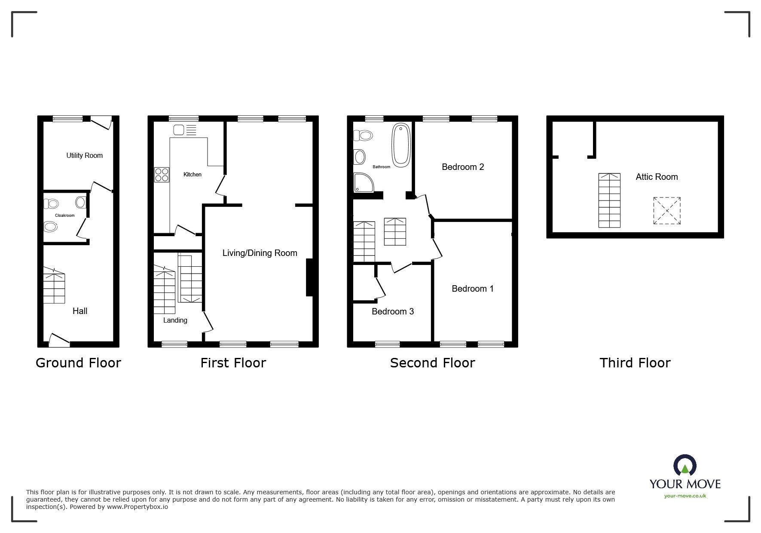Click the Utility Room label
pos(84,155)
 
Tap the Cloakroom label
pos(64,216)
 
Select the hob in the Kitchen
pos(162,174)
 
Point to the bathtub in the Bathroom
pos(401,145)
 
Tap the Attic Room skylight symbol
pos(667,210)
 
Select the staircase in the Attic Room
pos(609,200)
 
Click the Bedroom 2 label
pos(463,167)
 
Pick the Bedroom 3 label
pos(392,311)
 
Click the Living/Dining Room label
pos(260,253)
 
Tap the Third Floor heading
pos(635,363)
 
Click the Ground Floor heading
pos(78,363)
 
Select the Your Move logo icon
pos(685,466)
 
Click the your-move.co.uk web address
pos(685,496)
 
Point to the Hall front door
pos(59,341)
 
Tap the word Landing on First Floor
pos(175,320)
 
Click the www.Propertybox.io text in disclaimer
pos(138,507)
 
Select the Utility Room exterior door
pos(102,122)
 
